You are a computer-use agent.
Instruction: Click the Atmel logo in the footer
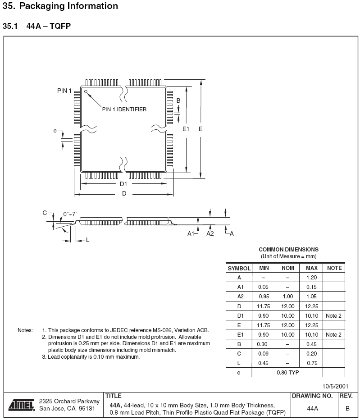22,404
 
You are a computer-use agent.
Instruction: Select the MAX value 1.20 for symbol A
312,278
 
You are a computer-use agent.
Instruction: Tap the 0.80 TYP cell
287,372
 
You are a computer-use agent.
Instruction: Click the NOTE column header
334,268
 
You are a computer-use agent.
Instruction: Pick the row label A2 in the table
239,297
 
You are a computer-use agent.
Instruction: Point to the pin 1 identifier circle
86,91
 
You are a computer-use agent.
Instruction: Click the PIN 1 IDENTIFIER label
124,110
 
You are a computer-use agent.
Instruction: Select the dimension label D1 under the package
123,184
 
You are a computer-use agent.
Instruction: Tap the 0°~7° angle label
70,214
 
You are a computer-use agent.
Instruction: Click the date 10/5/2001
335,386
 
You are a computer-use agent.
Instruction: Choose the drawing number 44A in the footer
312,408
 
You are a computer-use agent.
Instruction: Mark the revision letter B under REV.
347,408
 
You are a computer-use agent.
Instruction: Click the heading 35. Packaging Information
60,6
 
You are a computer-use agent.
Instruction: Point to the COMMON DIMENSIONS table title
288,249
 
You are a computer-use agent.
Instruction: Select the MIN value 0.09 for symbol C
263,353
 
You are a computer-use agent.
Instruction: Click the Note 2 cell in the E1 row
333,334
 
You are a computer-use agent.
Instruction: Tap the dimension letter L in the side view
87,240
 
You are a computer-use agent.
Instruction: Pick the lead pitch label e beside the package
55,131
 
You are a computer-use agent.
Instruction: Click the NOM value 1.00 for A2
287,297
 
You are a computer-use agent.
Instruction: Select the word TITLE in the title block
113,396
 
